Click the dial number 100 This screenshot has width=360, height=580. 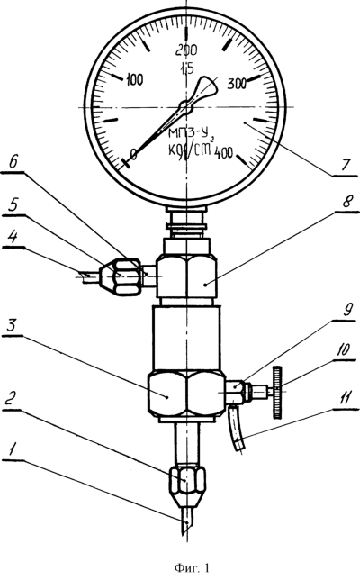(x=135, y=79)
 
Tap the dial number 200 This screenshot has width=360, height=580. (x=186, y=50)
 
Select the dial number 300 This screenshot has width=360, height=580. (x=237, y=84)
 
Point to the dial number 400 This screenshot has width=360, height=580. (x=223, y=152)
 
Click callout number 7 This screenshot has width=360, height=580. (x=344, y=165)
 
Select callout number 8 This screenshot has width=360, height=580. (x=346, y=202)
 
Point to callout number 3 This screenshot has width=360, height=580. (x=13, y=325)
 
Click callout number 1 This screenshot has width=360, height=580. (x=13, y=450)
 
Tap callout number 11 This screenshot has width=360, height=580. (x=346, y=399)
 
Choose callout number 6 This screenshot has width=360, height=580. (x=14, y=163)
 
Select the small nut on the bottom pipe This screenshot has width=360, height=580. (x=186, y=482)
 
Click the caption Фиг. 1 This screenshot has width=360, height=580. (x=192, y=567)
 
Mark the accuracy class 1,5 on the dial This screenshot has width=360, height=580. (x=187, y=68)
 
